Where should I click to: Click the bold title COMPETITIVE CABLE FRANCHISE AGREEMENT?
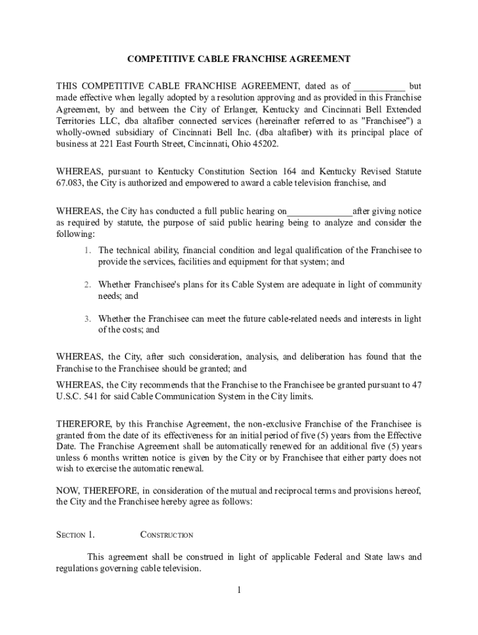coord(239,59)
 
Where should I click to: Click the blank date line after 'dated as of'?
coord(379,87)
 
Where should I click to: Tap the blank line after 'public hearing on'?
coord(320,212)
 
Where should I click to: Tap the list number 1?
coord(88,251)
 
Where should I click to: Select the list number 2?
coord(88,285)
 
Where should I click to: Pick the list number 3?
coord(88,319)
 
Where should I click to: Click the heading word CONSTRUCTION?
coord(167,535)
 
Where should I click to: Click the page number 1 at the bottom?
coord(238,590)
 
